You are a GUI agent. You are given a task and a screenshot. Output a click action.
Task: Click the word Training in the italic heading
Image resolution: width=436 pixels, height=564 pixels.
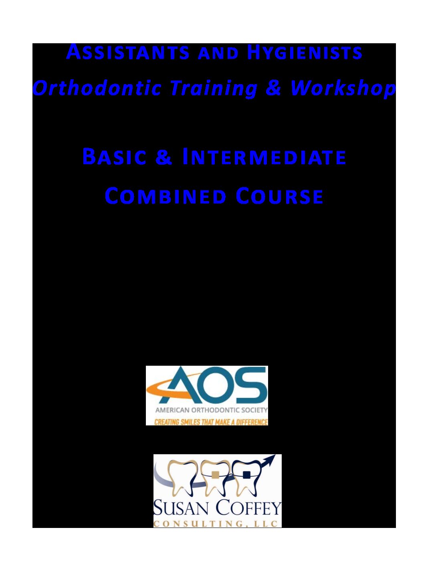pyautogui.click(x=213, y=88)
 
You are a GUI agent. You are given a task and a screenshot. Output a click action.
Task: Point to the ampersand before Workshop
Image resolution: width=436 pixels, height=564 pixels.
pyautogui.click(x=273, y=87)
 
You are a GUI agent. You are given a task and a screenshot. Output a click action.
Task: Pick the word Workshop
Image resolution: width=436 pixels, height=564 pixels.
pyautogui.click(x=343, y=88)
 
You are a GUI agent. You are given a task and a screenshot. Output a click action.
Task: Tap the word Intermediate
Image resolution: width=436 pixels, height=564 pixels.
pyautogui.click(x=264, y=157)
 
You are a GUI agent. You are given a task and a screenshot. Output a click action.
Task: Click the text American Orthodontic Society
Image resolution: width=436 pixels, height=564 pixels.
pyautogui.click(x=211, y=410)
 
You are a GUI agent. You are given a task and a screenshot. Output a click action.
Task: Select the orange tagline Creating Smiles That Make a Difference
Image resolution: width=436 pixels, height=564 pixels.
pyautogui.click(x=211, y=422)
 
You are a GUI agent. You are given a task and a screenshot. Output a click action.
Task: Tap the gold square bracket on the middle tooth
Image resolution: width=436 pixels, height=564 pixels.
pyautogui.click(x=215, y=474)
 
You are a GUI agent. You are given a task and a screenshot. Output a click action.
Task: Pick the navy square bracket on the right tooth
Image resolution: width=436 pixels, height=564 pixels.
pyautogui.click(x=246, y=475)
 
